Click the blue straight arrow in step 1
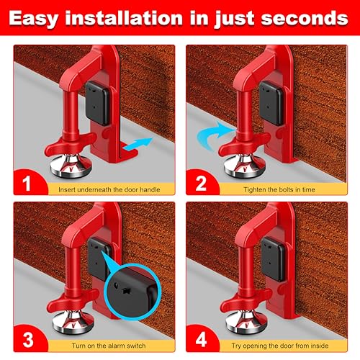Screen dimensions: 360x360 tap(138, 146)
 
